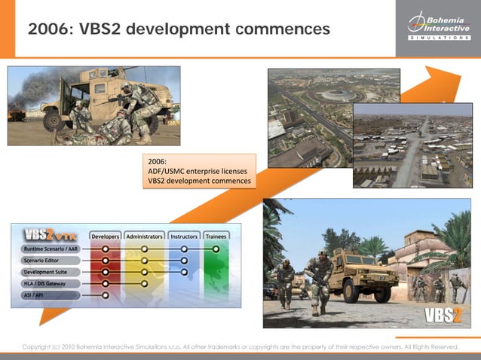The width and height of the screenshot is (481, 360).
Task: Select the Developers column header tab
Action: (105, 236)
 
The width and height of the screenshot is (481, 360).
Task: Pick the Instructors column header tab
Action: (184, 236)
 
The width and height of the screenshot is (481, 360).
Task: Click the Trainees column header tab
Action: (216, 236)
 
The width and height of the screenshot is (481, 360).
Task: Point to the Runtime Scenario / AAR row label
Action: (51, 248)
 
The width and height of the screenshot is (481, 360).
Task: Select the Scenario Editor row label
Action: (45, 260)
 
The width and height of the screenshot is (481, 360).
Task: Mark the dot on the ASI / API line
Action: (106, 295)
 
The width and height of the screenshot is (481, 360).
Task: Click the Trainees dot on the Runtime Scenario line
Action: (216, 248)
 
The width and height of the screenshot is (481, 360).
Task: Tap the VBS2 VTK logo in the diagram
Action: (51, 233)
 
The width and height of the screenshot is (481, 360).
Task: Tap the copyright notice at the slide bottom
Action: (240, 346)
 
